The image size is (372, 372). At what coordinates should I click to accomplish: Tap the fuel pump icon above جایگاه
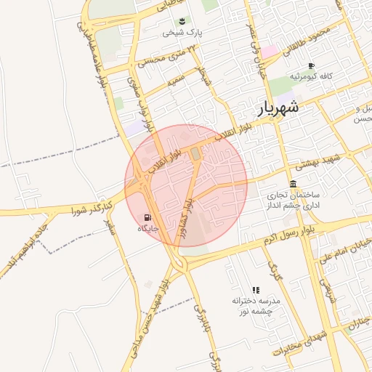[x=148, y=217]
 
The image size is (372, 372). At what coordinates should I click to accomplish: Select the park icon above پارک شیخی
[x=182, y=20]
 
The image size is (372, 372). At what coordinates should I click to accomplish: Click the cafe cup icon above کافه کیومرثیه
[x=311, y=65]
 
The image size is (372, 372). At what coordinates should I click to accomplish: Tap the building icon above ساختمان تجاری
[x=292, y=184]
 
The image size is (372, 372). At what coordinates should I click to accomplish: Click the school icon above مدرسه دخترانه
[x=255, y=290]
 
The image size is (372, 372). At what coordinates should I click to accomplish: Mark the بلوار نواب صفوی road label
[x=140, y=105]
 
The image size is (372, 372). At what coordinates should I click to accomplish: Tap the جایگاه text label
[x=148, y=228]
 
